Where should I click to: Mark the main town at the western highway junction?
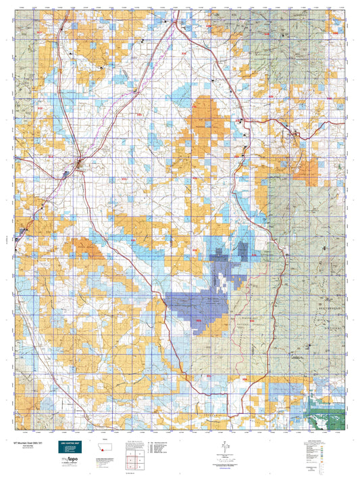[x=80, y=162]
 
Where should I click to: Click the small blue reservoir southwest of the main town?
[x=66, y=174]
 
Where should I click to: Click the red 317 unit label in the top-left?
[x=38, y=33]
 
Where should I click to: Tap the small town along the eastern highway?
[x=294, y=134]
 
